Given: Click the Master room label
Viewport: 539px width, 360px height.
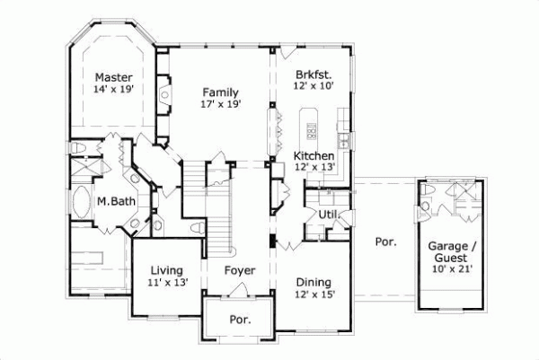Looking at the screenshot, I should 113,77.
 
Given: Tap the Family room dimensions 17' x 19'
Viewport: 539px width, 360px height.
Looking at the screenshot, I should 219,105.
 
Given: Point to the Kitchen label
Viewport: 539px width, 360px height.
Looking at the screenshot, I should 314,155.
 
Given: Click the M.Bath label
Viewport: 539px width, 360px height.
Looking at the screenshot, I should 117,201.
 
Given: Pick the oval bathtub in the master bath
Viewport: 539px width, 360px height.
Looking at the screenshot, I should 82,204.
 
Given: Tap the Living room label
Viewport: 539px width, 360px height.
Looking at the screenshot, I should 167,269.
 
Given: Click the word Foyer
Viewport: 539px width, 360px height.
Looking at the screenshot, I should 240,269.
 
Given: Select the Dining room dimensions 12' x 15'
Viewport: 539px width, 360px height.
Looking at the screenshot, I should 316,294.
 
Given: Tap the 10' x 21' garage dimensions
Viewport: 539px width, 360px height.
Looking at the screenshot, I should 449,268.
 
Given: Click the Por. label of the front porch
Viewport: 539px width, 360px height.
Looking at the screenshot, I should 240,319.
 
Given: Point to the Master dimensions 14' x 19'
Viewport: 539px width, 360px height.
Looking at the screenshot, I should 113,90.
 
